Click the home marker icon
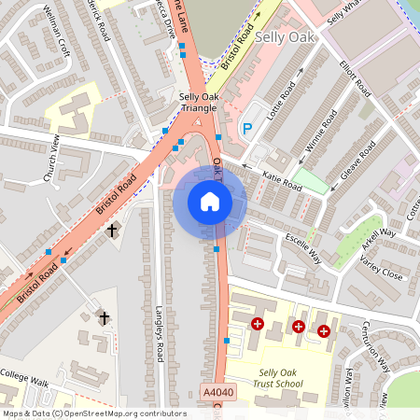click(210, 202)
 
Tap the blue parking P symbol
click(247, 129)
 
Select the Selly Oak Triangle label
click(198, 103)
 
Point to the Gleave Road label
click(356, 161)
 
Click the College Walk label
click(23, 381)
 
